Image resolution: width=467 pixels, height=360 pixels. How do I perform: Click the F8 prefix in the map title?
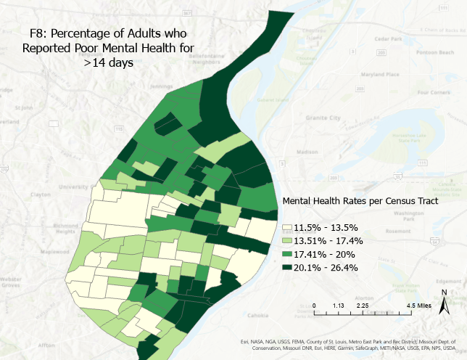pos(38,33)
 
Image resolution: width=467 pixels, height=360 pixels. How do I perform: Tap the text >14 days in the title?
pos(109,63)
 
